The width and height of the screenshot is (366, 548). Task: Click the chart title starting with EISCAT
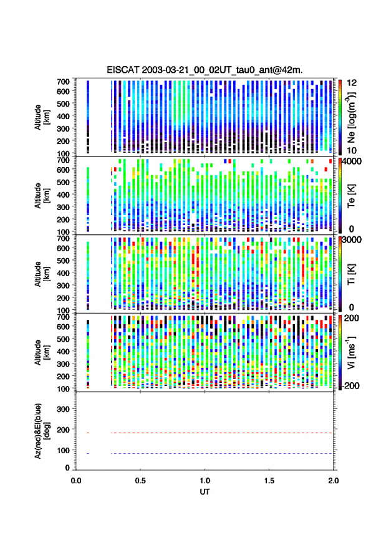pyautogui.click(x=205, y=70)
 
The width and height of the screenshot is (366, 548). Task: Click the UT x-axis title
pyautogui.click(x=205, y=492)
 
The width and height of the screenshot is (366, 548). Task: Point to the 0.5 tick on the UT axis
pyautogui.click(x=140, y=481)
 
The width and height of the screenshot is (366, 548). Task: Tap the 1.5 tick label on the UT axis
pyautogui.click(x=269, y=481)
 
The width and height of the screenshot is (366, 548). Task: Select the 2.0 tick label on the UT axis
pyautogui.click(x=333, y=481)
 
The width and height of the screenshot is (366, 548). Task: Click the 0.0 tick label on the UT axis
pyautogui.click(x=76, y=481)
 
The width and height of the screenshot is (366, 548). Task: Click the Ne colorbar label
pyautogui.click(x=350, y=117)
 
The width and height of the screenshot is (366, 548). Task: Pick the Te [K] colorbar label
pyautogui.click(x=351, y=196)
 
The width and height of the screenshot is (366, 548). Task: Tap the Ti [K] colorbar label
pyautogui.click(x=351, y=274)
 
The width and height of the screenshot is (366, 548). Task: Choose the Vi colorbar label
pyautogui.click(x=351, y=352)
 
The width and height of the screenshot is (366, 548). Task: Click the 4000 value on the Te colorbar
pyautogui.click(x=352, y=162)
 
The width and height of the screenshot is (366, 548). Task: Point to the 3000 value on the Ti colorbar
pyautogui.click(x=352, y=240)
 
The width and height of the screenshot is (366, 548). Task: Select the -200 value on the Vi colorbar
pyautogui.click(x=350, y=385)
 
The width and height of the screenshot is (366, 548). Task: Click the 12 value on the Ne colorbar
pyautogui.click(x=352, y=83)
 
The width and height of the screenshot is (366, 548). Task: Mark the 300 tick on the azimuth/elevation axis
pyautogui.click(x=63, y=409)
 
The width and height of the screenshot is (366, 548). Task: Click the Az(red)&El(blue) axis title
pyautogui.click(x=42, y=431)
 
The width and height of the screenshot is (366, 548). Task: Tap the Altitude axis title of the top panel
pyautogui.click(x=42, y=117)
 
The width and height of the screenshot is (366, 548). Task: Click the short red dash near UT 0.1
pyautogui.click(x=88, y=433)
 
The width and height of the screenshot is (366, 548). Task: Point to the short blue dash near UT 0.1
pyautogui.click(x=88, y=453)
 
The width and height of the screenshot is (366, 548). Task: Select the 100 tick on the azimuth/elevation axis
pyautogui.click(x=63, y=451)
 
